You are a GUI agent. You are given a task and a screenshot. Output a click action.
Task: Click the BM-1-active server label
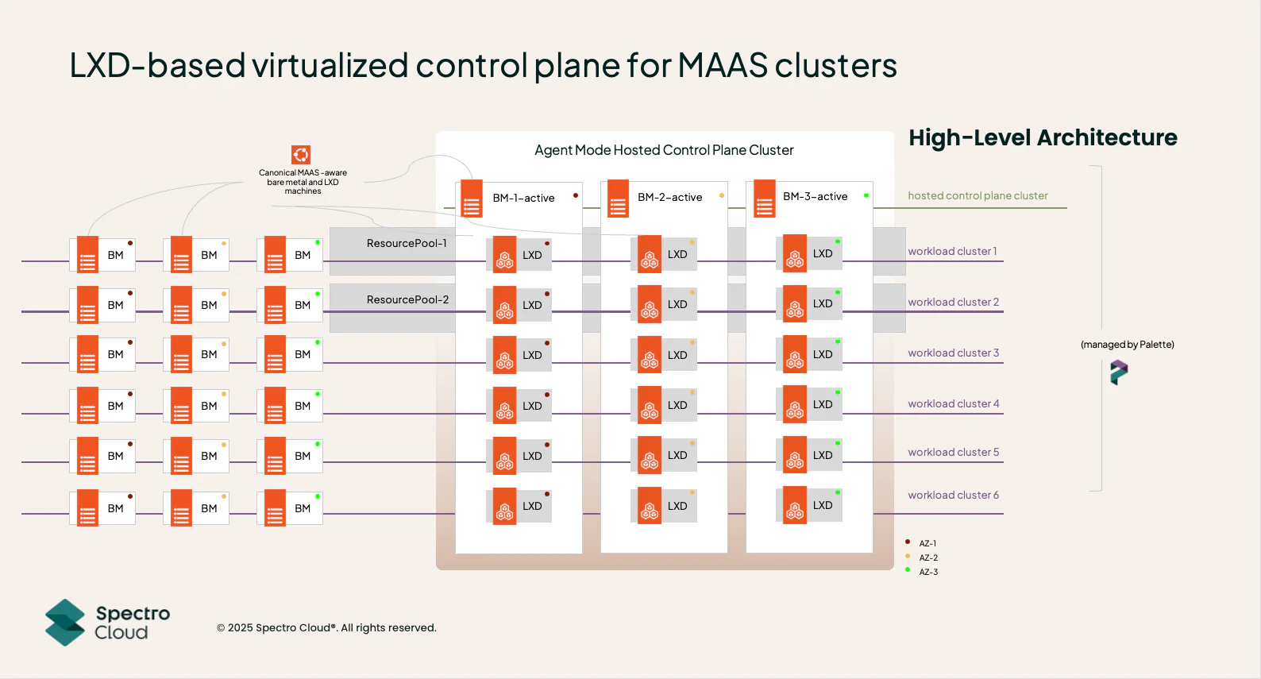[x=523, y=198]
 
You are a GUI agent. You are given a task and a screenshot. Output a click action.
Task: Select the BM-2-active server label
[x=669, y=197]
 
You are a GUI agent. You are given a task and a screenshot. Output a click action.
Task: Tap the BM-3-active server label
[x=815, y=196]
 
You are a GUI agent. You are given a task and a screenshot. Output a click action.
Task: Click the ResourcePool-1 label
[x=407, y=243]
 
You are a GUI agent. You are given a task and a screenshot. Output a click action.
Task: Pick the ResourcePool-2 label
[x=407, y=299]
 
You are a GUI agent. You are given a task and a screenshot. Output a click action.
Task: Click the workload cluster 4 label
[x=953, y=403]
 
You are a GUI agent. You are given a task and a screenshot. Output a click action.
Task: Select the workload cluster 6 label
[x=953, y=495]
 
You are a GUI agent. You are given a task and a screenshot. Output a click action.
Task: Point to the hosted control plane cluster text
[x=978, y=195]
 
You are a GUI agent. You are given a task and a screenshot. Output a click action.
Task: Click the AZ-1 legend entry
[x=927, y=543]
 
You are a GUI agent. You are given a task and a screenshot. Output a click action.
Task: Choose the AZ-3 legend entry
[x=928, y=572]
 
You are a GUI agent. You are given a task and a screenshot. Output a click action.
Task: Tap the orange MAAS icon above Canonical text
[x=301, y=154]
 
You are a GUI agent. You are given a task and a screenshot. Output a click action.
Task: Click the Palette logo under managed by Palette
[x=1119, y=372]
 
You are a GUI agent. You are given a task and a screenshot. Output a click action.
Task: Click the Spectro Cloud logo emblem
[x=65, y=623]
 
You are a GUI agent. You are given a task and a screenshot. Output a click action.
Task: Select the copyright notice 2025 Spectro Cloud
[x=326, y=627]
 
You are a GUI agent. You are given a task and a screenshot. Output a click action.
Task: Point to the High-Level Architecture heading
[x=1043, y=137]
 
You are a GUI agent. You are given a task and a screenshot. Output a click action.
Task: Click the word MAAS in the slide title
[x=723, y=65]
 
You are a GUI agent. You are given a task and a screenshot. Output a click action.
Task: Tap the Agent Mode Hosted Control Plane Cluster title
[x=664, y=150]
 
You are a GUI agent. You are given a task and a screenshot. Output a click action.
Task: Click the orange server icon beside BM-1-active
[x=472, y=199]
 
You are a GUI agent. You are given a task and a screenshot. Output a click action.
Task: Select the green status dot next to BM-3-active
[x=866, y=195]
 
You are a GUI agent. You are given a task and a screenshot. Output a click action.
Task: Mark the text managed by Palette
[x=1127, y=345]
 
